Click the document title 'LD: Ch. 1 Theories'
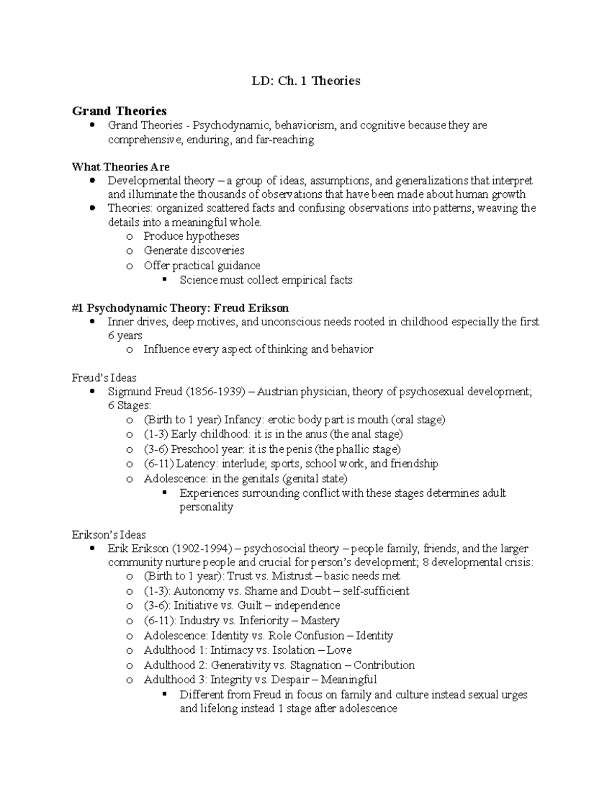[306, 81]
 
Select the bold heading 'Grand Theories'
[119, 111]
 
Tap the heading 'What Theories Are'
[120, 167]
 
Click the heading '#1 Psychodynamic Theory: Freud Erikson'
[181, 308]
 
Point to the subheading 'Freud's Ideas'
[104, 378]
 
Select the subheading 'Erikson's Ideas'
[109, 535]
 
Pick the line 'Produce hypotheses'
[191, 236]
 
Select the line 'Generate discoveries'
[194, 250]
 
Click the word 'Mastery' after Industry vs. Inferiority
[320, 621]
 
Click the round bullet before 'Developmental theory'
[92, 181]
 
